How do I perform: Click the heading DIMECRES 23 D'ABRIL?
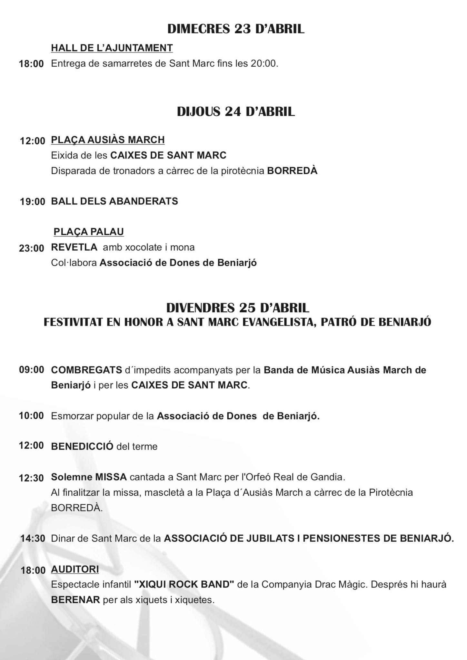click(236, 29)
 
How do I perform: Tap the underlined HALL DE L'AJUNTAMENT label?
click(112, 48)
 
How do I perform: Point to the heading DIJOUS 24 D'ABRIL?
click(236, 112)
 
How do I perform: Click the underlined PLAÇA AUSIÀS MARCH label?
click(108, 140)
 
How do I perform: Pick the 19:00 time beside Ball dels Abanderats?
click(32, 202)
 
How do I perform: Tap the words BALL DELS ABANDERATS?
click(114, 201)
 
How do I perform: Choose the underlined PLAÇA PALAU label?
click(89, 232)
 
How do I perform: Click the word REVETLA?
click(74, 247)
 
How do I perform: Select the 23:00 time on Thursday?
click(32, 248)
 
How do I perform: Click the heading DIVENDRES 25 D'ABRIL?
click(238, 308)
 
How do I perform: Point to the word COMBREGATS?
click(86, 370)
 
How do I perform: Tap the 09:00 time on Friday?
click(32, 370)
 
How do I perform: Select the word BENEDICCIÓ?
click(82, 446)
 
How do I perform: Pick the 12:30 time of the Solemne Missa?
click(31, 478)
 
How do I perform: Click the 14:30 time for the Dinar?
click(33, 538)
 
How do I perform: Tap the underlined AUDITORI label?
click(75, 569)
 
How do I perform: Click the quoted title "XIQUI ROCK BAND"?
click(184, 584)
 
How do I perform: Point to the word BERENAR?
click(75, 600)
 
